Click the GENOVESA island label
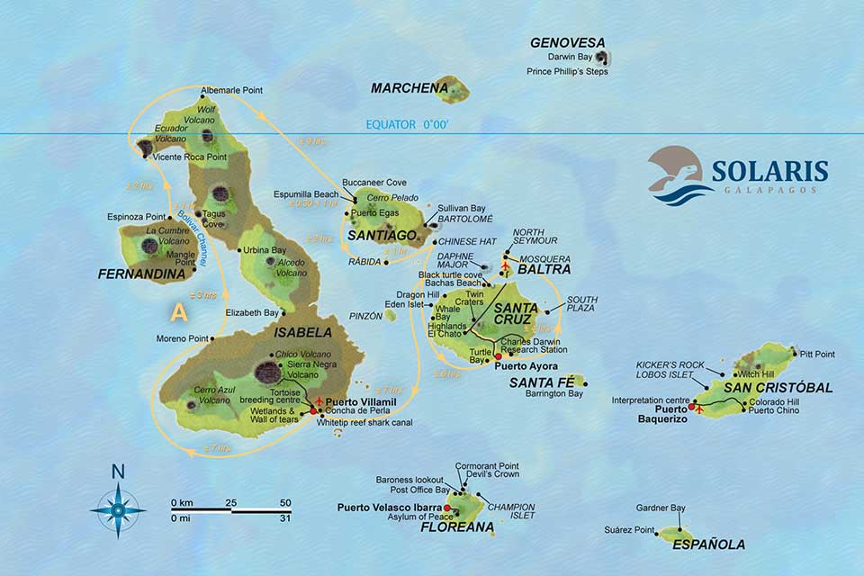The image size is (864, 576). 567,42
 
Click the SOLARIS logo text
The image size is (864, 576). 769,171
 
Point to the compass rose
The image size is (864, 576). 118,508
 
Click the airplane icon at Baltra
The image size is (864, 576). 505,266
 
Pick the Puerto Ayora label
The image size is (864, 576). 526,366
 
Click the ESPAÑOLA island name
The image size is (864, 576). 709,544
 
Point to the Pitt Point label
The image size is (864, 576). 816,355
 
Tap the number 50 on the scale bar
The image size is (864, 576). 285,502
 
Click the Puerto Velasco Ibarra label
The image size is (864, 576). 388,508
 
